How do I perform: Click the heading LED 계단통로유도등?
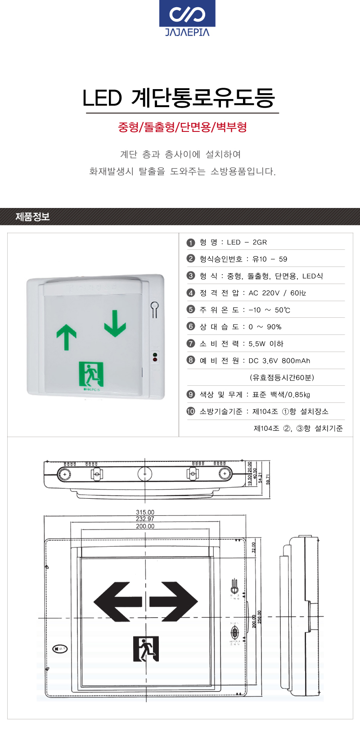(x=179, y=98)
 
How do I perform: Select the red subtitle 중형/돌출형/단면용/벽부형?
(x=182, y=127)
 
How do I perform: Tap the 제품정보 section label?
(x=32, y=217)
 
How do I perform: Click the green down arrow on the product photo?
(x=115, y=323)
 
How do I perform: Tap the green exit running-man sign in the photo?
(x=91, y=374)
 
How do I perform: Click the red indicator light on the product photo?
(x=155, y=359)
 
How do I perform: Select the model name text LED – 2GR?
(x=247, y=242)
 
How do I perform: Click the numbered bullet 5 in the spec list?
(x=191, y=310)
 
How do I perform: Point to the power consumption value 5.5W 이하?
(x=266, y=344)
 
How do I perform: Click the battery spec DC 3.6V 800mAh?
(x=279, y=361)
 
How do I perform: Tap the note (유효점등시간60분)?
(x=282, y=378)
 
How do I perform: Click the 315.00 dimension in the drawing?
(x=145, y=512)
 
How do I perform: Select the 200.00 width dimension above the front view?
(x=145, y=526)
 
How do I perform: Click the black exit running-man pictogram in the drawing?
(x=146, y=649)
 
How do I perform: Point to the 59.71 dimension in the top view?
(x=268, y=479)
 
